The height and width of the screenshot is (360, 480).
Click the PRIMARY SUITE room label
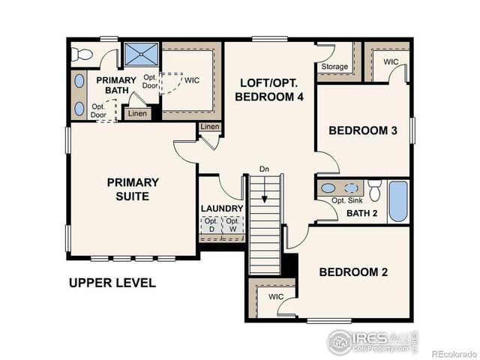132,189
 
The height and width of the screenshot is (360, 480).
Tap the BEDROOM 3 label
363,130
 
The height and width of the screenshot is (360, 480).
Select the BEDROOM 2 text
352,271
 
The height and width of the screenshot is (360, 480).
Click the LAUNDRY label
221,208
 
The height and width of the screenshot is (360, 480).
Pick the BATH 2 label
361,214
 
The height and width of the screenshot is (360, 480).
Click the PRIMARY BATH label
115,85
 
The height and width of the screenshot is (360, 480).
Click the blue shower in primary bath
141,55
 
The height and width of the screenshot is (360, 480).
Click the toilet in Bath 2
374,187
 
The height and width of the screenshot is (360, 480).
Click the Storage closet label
334,67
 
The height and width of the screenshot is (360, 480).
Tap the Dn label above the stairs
264,169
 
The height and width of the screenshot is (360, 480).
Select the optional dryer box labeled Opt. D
211,225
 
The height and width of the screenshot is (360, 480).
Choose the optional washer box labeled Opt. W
233,225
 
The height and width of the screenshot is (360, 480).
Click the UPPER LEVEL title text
112,283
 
